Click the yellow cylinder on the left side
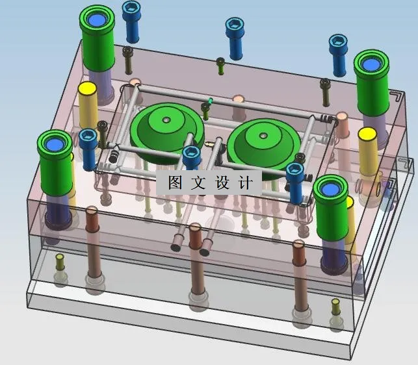click(88, 107)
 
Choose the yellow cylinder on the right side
click(367, 153)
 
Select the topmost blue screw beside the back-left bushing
click(130, 23)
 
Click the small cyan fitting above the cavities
click(210, 102)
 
